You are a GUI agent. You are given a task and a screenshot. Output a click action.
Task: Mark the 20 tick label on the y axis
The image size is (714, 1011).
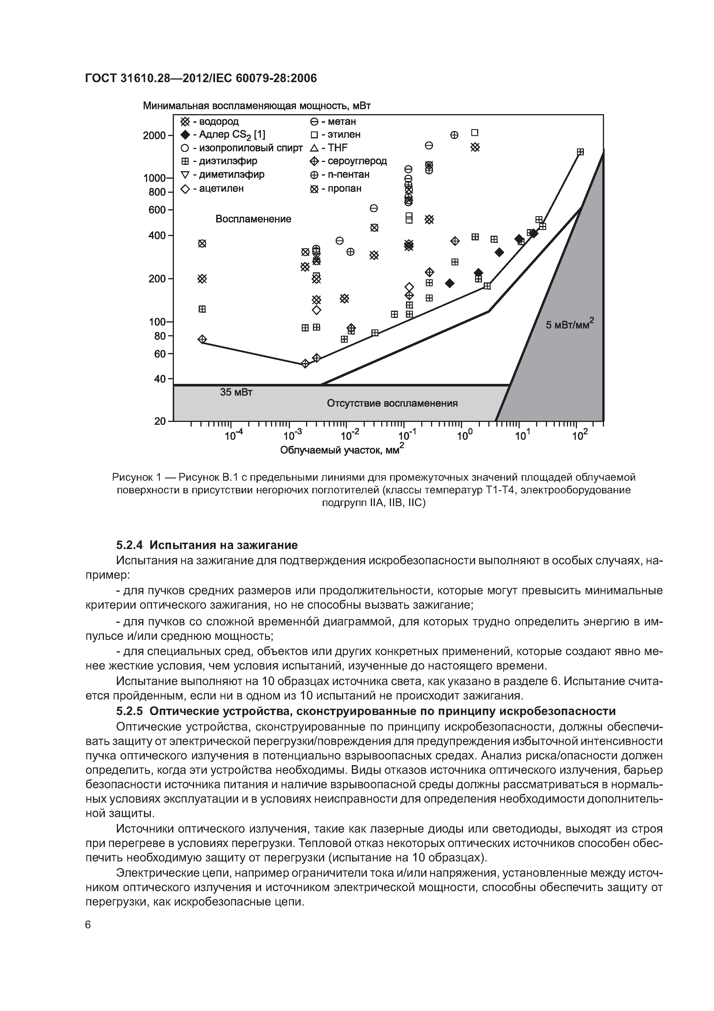click(x=160, y=421)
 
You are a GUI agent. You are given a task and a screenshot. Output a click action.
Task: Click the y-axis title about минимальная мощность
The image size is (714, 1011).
click(x=257, y=106)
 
